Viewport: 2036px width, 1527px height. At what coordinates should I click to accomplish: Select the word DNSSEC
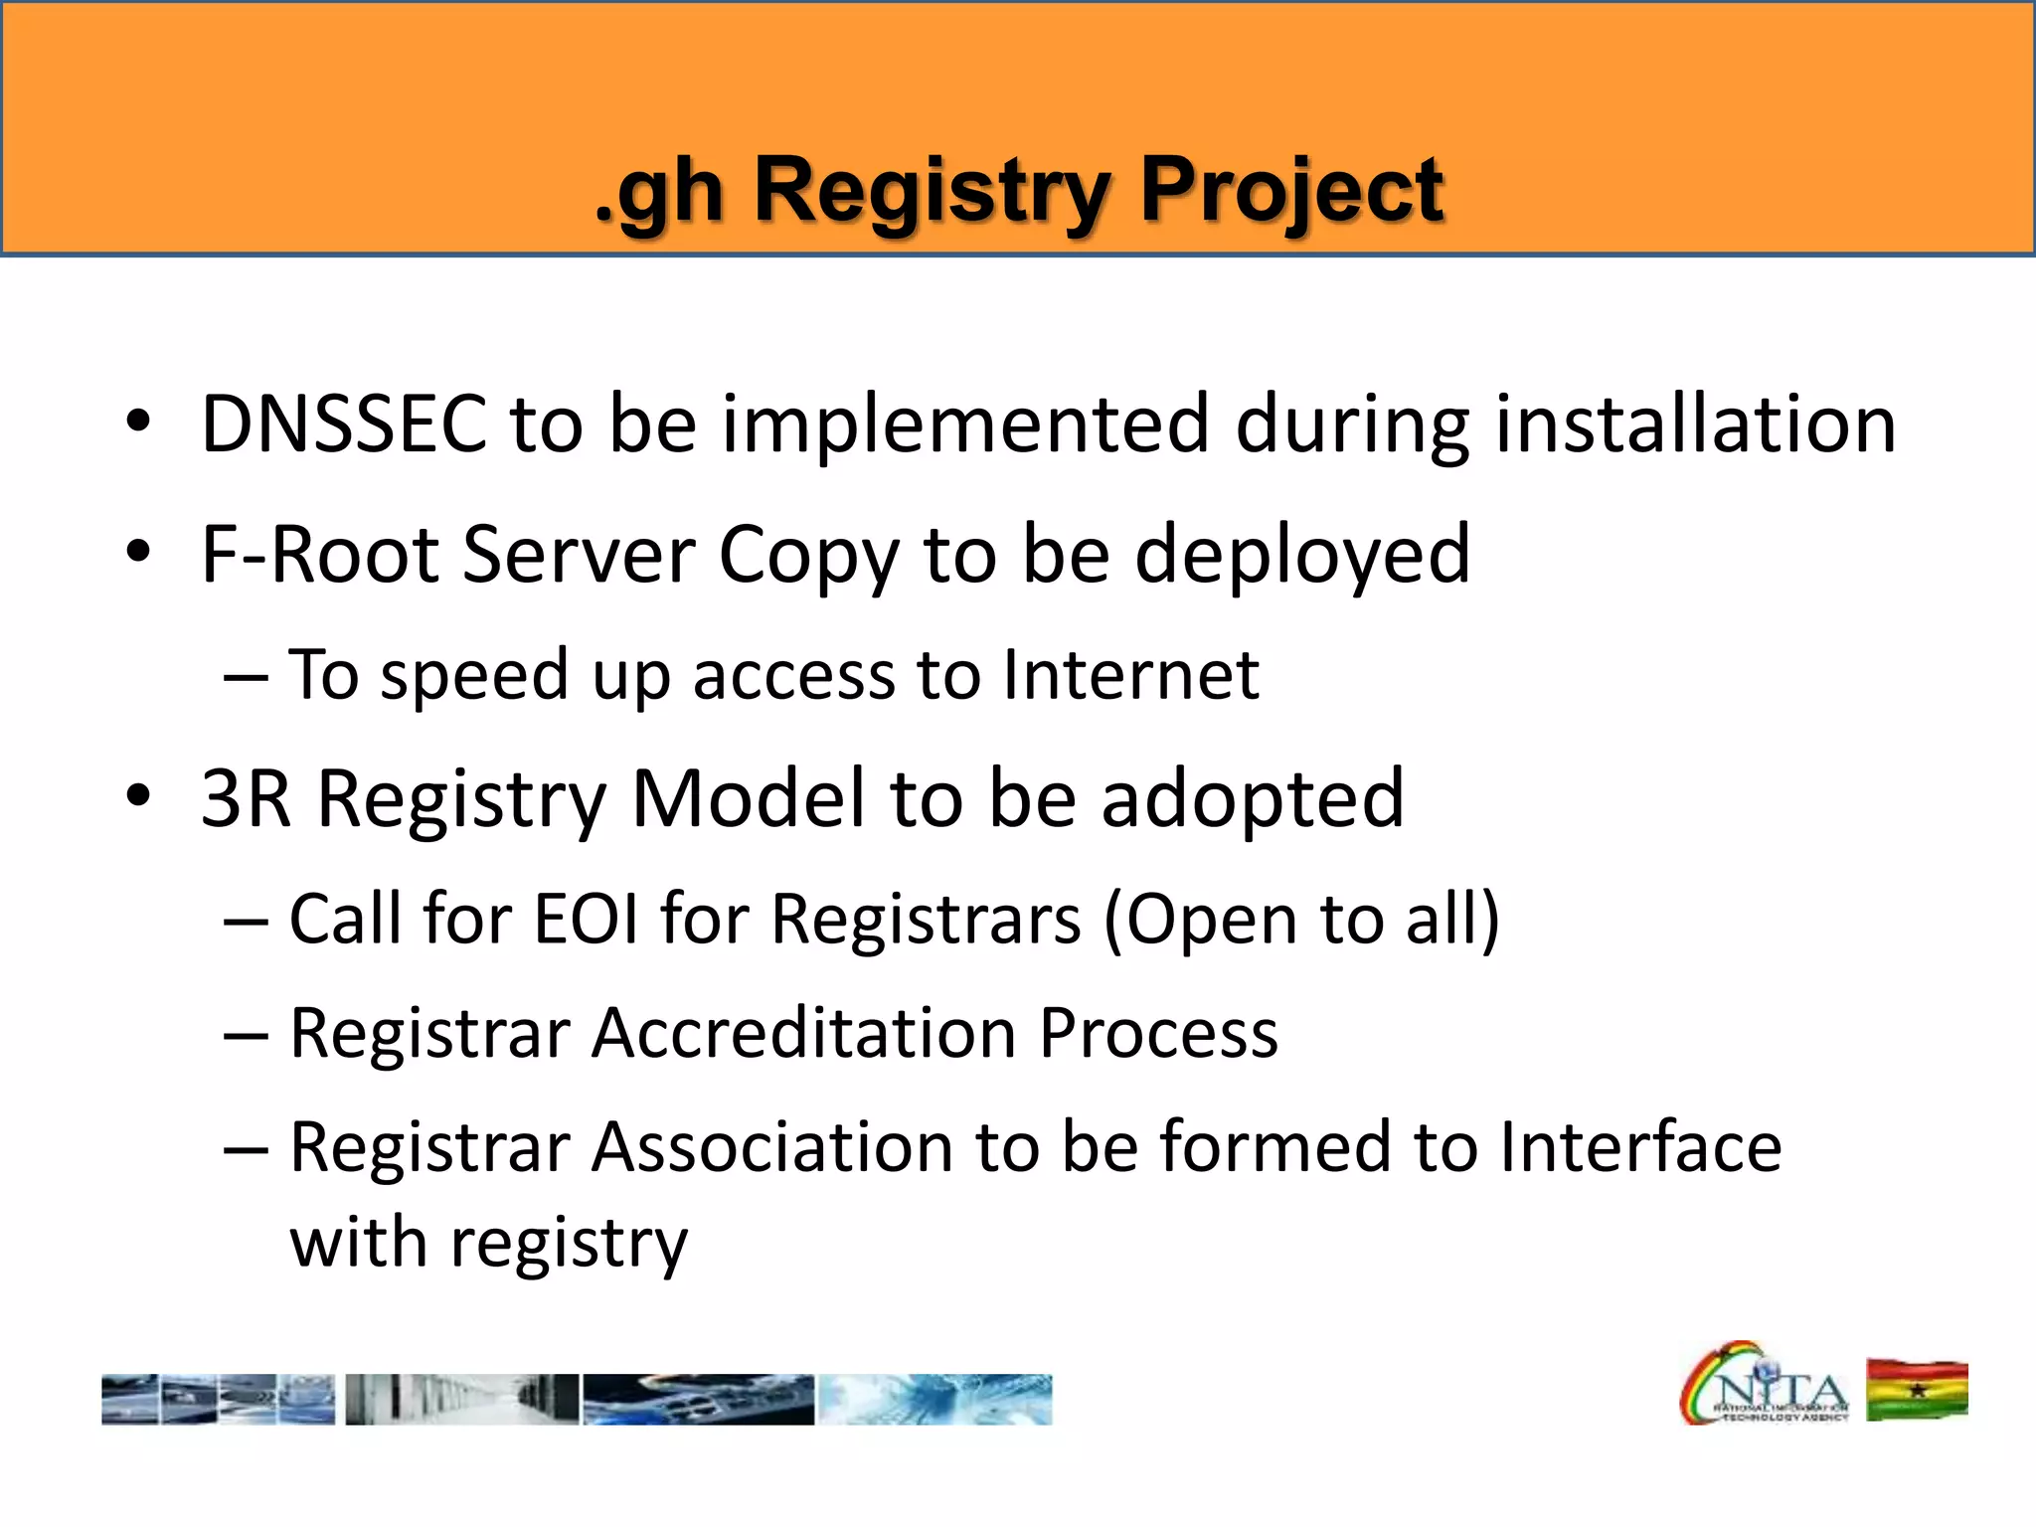click(x=343, y=424)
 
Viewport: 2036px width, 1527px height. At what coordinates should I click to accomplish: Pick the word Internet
click(x=1130, y=675)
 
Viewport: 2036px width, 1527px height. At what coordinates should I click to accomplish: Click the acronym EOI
click(x=586, y=918)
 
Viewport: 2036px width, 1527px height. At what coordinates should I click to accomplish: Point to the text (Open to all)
click(x=1301, y=918)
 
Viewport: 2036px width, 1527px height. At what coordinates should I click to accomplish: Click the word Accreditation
click(x=803, y=1033)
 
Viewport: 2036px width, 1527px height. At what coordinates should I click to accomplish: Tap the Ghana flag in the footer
click(x=1917, y=1390)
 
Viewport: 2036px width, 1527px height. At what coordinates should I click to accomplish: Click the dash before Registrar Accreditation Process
click(x=246, y=1035)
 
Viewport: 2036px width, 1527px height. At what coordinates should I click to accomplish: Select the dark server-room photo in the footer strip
click(x=462, y=1400)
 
